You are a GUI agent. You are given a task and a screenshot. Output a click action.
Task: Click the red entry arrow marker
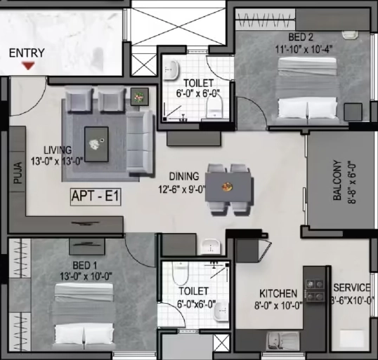click(x=28, y=65)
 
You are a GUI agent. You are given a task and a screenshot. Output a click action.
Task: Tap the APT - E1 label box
click(x=96, y=197)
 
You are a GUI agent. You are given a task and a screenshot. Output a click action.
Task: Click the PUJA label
click(x=18, y=173)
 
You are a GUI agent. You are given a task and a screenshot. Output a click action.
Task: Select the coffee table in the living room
click(x=96, y=145)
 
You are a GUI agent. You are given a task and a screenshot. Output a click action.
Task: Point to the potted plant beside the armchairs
click(x=139, y=97)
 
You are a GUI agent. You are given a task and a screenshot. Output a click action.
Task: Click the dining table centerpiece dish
click(x=227, y=186)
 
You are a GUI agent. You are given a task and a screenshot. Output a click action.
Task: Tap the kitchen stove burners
click(x=315, y=290)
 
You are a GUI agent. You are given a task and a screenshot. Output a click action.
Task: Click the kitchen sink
click(x=282, y=340)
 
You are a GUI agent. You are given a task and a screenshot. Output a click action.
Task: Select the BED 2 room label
click(x=301, y=37)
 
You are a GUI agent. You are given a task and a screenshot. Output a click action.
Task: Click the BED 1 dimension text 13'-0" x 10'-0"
click(x=86, y=276)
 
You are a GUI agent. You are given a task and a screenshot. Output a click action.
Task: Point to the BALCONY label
click(x=337, y=180)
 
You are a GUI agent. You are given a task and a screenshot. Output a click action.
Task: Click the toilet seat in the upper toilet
click(x=214, y=108)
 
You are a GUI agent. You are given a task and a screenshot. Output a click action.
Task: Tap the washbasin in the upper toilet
click(x=171, y=69)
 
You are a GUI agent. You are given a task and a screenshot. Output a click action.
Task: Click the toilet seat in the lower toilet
click(x=180, y=273)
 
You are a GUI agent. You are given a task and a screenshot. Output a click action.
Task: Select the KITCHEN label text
click(x=278, y=294)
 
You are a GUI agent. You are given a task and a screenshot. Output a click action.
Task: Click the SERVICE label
click(x=352, y=288)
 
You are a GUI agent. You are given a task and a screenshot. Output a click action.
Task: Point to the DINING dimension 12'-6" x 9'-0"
click(x=182, y=189)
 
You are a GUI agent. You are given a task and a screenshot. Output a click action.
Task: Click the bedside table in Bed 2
click(x=353, y=112)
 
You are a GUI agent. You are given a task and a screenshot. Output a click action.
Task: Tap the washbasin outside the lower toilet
click(x=211, y=246)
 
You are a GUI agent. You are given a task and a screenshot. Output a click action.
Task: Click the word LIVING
click(x=58, y=150)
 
